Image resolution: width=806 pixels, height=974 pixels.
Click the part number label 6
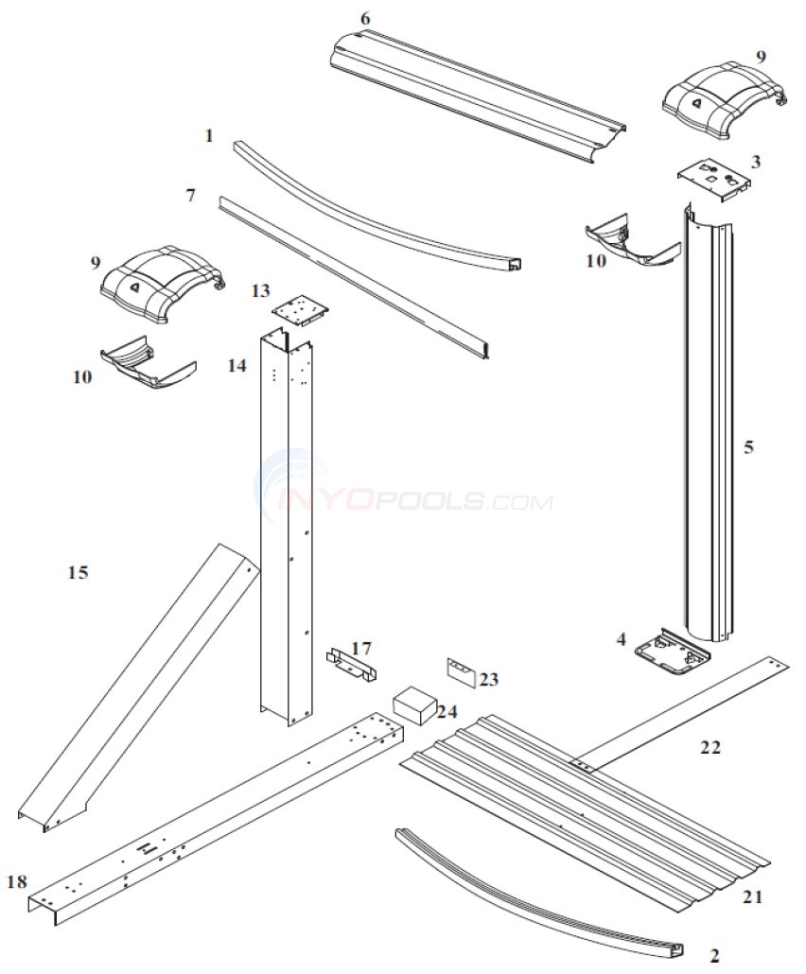point(365,19)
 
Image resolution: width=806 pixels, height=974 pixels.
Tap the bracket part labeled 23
point(462,671)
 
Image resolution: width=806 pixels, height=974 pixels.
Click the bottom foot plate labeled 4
point(673,653)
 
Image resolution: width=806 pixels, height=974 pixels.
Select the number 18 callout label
point(16,882)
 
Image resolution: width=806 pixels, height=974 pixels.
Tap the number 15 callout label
point(78,572)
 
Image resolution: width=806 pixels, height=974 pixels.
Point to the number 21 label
point(752,896)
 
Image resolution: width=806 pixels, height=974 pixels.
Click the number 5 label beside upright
point(748,447)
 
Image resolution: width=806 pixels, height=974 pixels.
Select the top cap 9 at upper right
point(723,96)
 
